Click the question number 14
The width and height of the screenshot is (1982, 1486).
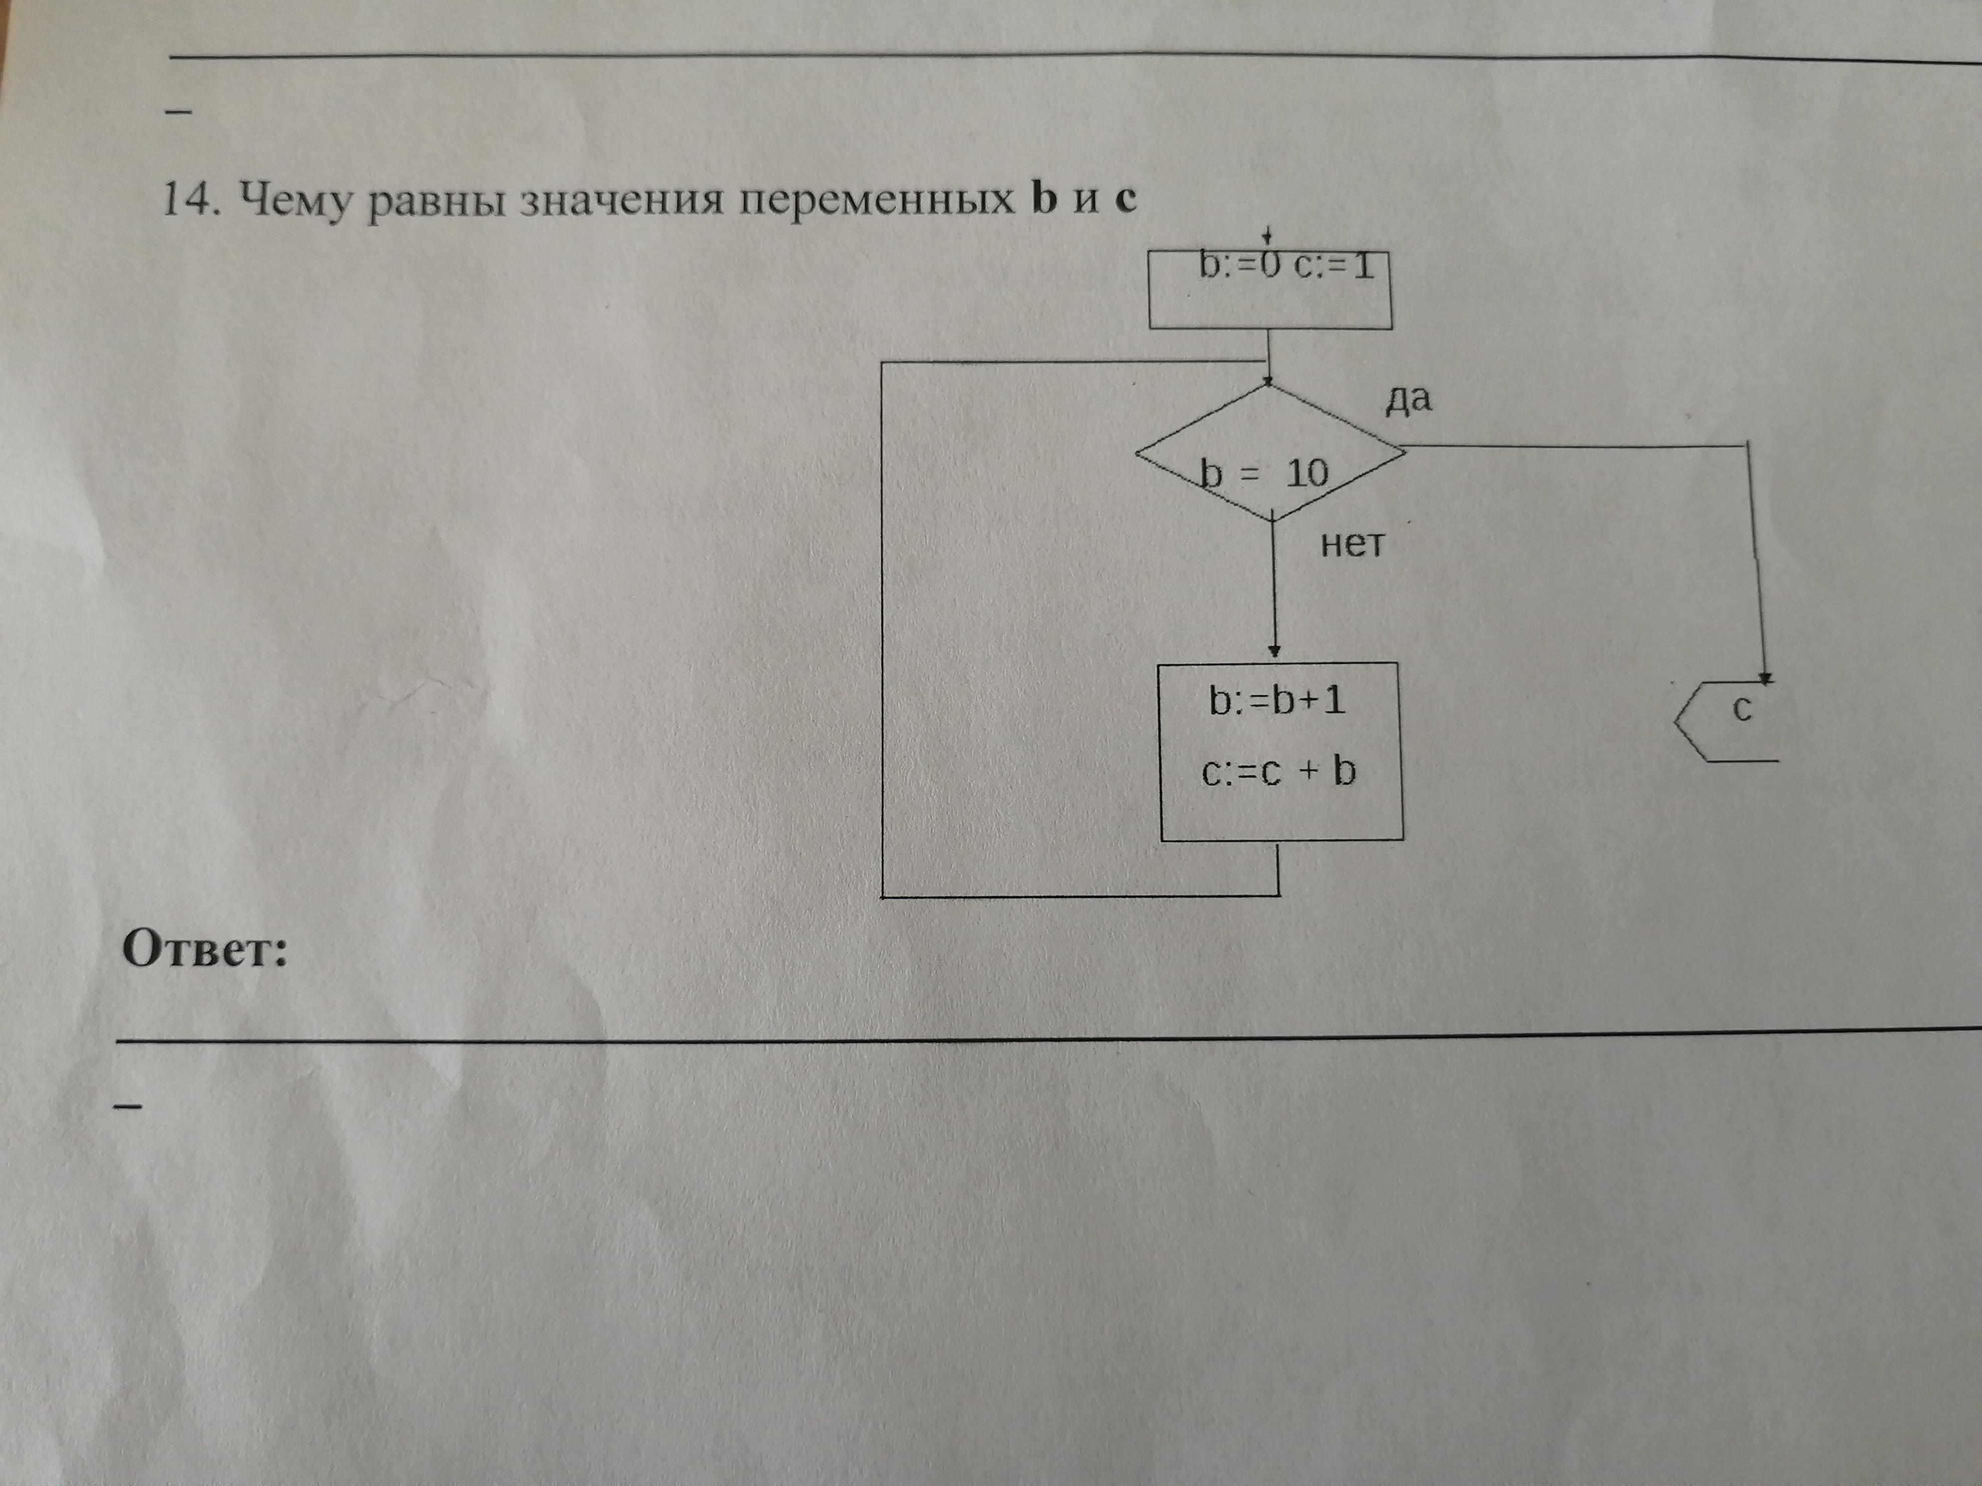189,199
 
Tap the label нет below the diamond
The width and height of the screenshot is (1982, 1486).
1352,544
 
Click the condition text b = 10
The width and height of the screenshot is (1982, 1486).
1263,473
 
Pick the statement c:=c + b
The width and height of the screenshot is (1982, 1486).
1279,772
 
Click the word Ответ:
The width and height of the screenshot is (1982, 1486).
205,949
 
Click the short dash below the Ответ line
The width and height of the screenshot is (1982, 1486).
128,1106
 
